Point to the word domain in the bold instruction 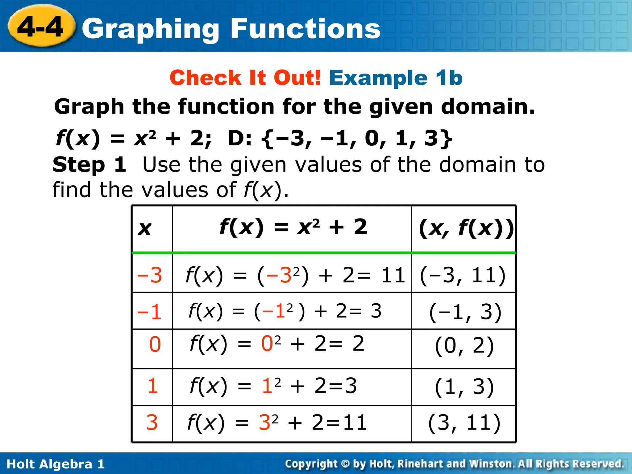[488, 106]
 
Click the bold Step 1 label [89, 164]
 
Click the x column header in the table [145, 228]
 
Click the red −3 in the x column [150, 275]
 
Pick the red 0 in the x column [155, 344]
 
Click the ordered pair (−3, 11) [463, 275]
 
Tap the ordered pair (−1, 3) [465, 312]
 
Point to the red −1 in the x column [149, 312]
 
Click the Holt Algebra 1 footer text [56, 464]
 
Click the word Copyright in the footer [311, 464]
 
